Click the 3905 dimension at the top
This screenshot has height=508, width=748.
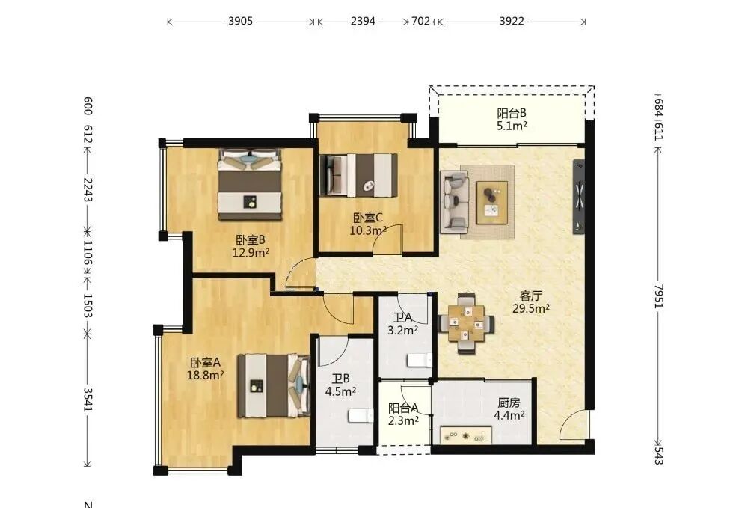pyautogui.click(x=240, y=22)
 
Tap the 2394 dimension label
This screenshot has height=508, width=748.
pyautogui.click(x=363, y=22)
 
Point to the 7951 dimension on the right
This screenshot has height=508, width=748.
pyautogui.click(x=658, y=296)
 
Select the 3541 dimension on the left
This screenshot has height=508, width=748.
pyautogui.click(x=88, y=400)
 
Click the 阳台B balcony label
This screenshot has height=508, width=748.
pyautogui.click(x=512, y=114)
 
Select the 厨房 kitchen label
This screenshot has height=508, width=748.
pyautogui.click(x=509, y=403)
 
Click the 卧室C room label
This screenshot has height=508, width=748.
pyautogui.click(x=368, y=218)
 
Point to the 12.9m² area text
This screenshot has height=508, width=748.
pyautogui.click(x=251, y=252)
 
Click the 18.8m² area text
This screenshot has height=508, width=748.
pyautogui.click(x=206, y=375)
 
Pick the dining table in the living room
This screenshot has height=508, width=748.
pyautogui.click(x=466, y=324)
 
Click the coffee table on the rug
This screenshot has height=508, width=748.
pyautogui.click(x=492, y=202)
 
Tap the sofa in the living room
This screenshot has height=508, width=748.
pyautogui.click(x=454, y=202)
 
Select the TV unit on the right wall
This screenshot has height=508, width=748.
pyautogui.click(x=579, y=197)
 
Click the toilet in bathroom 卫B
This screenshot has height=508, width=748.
pyautogui.click(x=361, y=415)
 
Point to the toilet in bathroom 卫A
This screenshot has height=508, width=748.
pyautogui.click(x=420, y=360)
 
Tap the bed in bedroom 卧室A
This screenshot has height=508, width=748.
pyautogui.click(x=275, y=385)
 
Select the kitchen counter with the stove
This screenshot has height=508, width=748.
pyautogui.click(x=465, y=435)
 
